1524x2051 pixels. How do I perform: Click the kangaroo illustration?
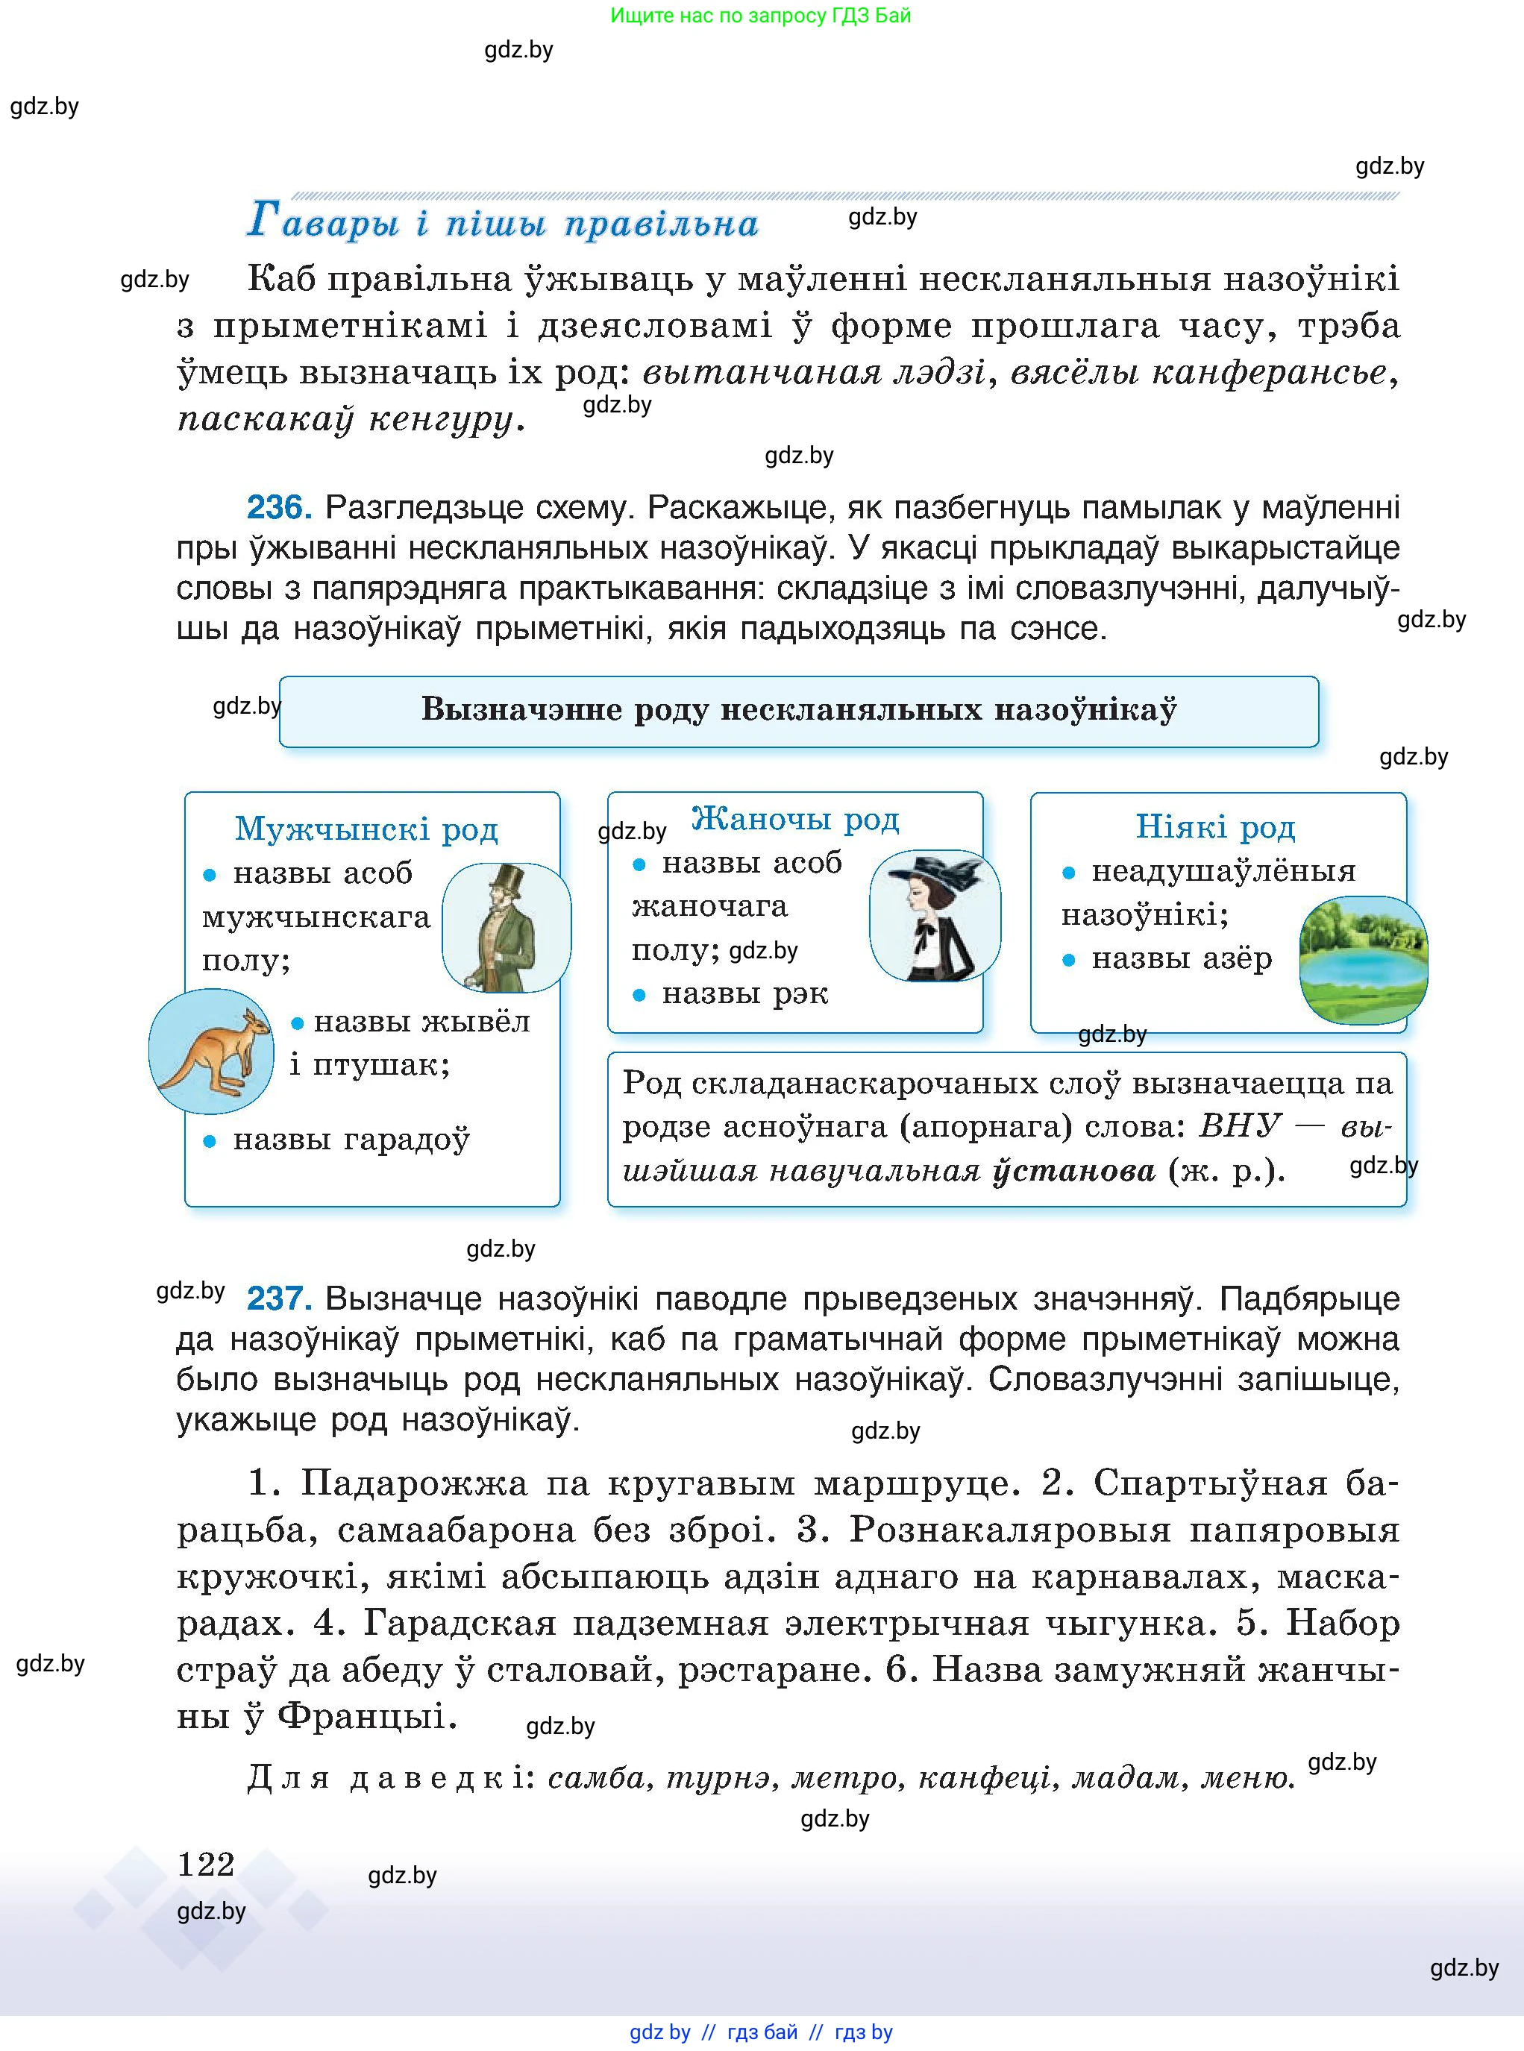(x=211, y=1052)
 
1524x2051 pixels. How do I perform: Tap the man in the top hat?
(x=506, y=928)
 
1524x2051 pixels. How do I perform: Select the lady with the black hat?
(x=935, y=916)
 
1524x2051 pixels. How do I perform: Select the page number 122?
(x=206, y=1864)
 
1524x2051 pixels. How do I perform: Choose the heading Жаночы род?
(x=795, y=818)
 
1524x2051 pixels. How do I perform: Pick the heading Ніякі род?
(x=1215, y=826)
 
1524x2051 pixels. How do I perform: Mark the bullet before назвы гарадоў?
(x=210, y=1142)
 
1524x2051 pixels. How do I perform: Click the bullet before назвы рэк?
(x=639, y=995)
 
